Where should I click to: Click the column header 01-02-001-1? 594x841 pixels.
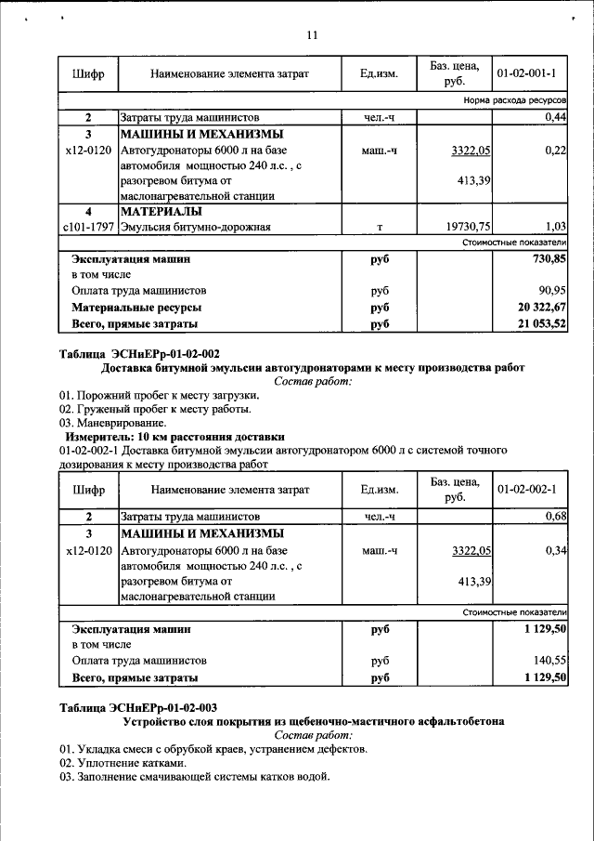(x=526, y=72)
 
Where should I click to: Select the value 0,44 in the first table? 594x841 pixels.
(x=556, y=117)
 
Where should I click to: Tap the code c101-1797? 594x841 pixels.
(x=88, y=226)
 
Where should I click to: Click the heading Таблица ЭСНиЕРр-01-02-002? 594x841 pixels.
(x=139, y=353)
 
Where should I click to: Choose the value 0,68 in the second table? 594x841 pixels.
(x=556, y=516)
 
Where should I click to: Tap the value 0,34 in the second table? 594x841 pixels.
(x=556, y=550)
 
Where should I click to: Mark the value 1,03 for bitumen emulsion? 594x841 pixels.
(x=556, y=226)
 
